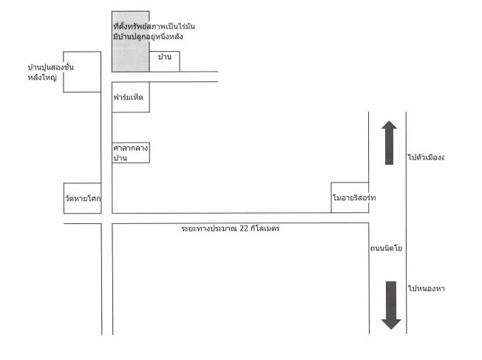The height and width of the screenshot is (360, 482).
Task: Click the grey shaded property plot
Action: click(x=131, y=41)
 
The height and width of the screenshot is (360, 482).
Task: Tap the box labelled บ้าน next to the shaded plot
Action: click(x=164, y=61)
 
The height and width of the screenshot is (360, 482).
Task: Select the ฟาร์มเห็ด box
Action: click(x=131, y=97)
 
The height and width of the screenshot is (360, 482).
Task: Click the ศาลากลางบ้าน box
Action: click(x=131, y=152)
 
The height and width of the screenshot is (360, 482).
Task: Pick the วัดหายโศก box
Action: click(x=82, y=198)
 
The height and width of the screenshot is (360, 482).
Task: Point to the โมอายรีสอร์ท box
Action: click(x=350, y=197)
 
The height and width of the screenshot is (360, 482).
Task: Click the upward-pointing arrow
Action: click(x=389, y=143)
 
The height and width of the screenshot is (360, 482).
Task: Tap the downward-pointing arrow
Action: click(x=391, y=305)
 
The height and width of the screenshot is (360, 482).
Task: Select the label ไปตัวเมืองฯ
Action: click(x=427, y=157)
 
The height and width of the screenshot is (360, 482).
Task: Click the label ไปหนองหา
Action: click(x=427, y=288)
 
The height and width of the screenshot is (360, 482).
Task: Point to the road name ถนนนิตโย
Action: click(x=386, y=248)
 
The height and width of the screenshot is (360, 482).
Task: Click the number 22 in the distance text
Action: click(x=243, y=228)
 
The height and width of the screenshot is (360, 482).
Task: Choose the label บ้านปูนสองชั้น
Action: click(x=51, y=67)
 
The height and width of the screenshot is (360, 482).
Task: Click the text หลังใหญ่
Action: click(x=42, y=77)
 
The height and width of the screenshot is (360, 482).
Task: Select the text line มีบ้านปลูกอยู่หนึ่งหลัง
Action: click(x=148, y=36)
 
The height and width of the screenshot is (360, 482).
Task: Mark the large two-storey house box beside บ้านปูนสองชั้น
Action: click(x=82, y=72)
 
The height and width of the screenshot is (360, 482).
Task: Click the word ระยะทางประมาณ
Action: click(x=209, y=228)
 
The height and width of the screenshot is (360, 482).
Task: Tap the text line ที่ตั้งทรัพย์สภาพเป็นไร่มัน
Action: click(x=154, y=26)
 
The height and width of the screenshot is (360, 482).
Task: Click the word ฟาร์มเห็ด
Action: click(x=128, y=97)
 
